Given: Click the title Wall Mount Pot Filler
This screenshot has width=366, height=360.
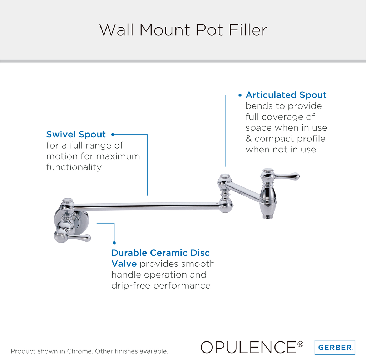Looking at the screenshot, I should pyautogui.click(x=183, y=30).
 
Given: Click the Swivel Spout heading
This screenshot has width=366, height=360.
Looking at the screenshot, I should pyautogui.click(x=76, y=135).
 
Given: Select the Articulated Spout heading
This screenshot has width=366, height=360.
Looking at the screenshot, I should pyautogui.click(x=286, y=95).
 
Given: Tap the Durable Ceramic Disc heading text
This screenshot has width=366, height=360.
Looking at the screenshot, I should pyautogui.click(x=160, y=253).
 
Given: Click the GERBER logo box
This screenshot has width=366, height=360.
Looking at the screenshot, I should pyautogui.click(x=335, y=347).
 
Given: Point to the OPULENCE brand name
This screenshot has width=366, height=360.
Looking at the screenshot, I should pyautogui.click(x=248, y=347).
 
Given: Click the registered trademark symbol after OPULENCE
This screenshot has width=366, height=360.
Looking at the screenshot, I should pyautogui.click(x=300, y=344).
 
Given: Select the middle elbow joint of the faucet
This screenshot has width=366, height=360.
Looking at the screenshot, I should pyautogui.click(x=225, y=193).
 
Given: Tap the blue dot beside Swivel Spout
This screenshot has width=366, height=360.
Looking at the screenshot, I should pyautogui.click(x=112, y=135).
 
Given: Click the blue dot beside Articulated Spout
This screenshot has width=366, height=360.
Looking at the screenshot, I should pyautogui.click(x=240, y=95).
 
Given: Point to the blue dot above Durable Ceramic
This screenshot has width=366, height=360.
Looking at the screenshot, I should pyautogui.click(x=114, y=242).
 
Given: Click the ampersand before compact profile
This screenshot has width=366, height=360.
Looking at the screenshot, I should pyautogui.click(x=249, y=139).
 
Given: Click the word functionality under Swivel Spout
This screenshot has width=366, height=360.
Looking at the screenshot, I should pyautogui.click(x=74, y=167).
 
